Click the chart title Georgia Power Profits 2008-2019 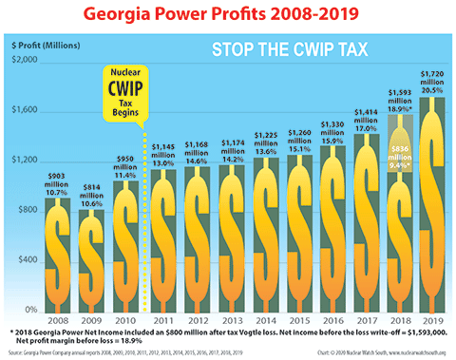click(x=228, y=16)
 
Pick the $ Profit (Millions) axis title click(x=47, y=45)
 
